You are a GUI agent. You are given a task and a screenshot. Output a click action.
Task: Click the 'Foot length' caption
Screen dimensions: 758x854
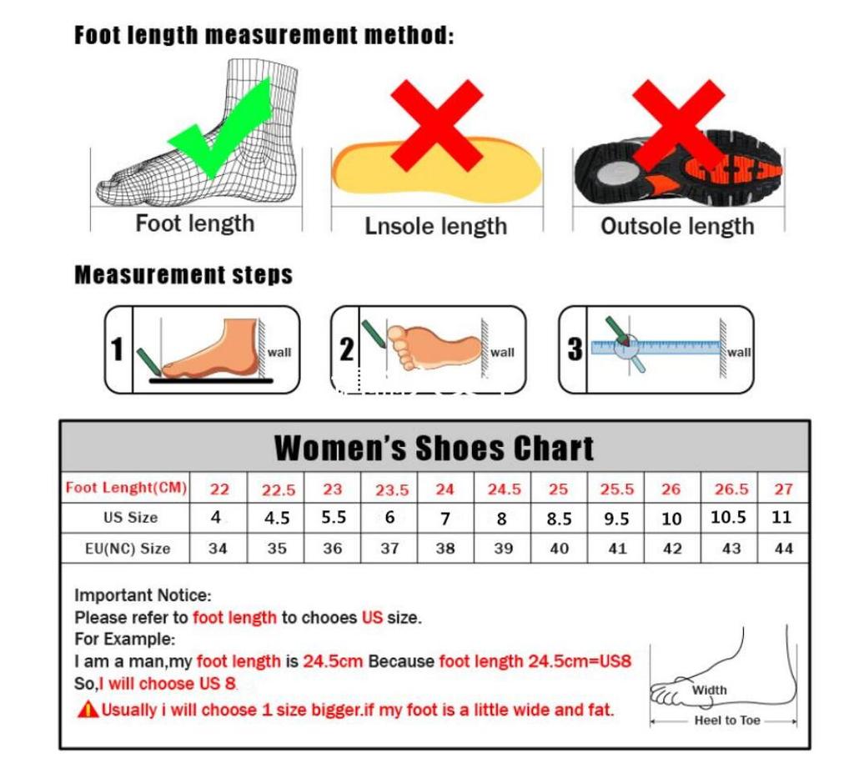tap(194, 223)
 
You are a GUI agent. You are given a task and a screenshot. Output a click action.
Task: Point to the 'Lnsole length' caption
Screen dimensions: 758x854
tap(435, 226)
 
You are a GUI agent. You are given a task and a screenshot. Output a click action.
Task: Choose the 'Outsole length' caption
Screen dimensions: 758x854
tap(677, 226)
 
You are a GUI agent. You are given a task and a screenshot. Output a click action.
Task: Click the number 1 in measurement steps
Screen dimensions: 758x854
tap(118, 349)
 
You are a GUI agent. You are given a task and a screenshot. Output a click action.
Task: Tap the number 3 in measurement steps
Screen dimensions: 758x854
tap(575, 349)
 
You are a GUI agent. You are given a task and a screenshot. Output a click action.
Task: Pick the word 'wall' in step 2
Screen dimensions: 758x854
tap(502, 352)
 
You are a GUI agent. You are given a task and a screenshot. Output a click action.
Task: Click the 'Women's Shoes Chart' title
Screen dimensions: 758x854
tap(434, 449)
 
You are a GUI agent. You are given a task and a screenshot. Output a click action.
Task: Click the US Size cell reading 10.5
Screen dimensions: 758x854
tap(728, 517)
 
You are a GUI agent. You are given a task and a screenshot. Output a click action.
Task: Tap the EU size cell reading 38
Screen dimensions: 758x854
tap(445, 549)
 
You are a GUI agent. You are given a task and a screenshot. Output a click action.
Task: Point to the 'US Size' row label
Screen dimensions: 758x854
tap(130, 518)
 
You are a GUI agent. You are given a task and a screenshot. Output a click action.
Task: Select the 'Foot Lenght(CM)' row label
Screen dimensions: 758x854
tap(126, 488)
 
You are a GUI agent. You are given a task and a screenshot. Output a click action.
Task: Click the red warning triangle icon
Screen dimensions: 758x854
tap(88, 710)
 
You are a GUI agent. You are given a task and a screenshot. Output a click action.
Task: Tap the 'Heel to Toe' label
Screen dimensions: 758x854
tap(726, 720)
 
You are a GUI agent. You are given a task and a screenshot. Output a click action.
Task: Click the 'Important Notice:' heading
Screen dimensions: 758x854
tap(143, 595)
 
